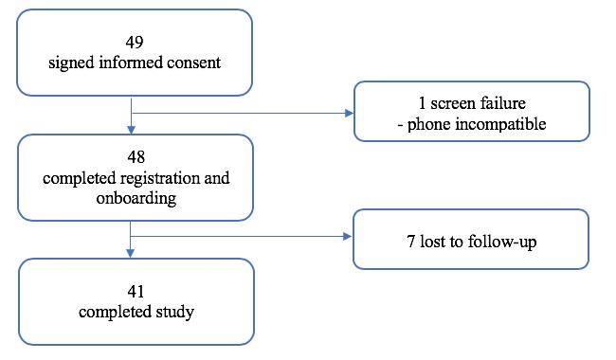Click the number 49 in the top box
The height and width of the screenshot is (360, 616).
136,43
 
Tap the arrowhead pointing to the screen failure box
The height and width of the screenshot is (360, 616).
348,113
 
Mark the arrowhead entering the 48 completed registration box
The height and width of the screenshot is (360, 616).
130,130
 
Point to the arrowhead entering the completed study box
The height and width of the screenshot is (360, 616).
130,253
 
